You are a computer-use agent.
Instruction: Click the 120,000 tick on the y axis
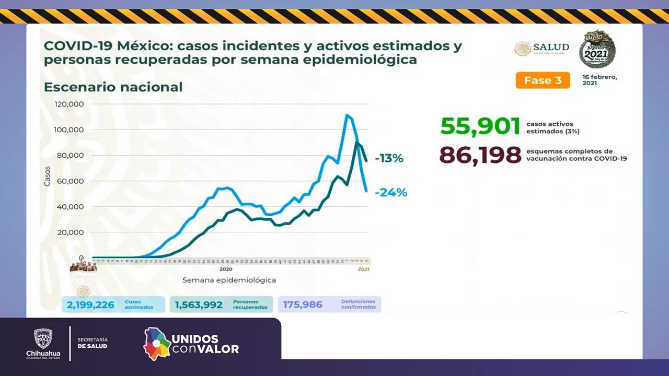point(69,104)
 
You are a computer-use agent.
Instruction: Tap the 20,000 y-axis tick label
point(71,232)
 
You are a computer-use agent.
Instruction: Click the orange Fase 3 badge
point(543,80)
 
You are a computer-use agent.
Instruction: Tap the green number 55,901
point(480,126)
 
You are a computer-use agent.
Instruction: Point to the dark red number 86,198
point(480,155)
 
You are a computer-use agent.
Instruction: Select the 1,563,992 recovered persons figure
point(199,304)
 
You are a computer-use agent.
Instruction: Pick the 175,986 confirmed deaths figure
point(303,304)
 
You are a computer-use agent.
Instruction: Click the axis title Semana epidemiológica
point(229,280)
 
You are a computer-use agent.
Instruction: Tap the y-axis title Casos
point(47,176)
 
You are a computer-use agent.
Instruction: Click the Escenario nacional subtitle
point(113,87)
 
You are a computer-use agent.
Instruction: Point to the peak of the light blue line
point(347,115)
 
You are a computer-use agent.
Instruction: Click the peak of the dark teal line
point(356,142)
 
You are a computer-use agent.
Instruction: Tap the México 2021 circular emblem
point(597,49)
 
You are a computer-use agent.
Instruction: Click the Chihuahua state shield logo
point(43,338)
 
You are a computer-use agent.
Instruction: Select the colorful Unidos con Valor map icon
point(157,343)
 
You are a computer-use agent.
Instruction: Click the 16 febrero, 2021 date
point(599,80)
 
